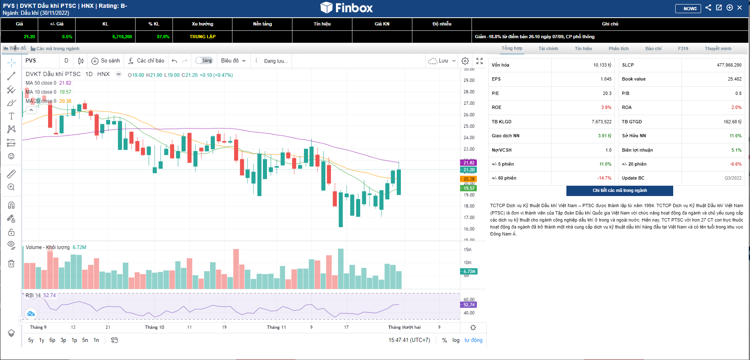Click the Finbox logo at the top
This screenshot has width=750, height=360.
click(346, 8)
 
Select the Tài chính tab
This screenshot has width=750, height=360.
click(548, 48)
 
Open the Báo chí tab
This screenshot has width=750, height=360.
click(653, 48)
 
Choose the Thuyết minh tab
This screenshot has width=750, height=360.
click(718, 48)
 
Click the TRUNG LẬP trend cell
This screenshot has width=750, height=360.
click(202, 37)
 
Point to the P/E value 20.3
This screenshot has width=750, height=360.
click(607, 93)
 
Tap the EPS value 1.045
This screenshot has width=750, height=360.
click(605, 79)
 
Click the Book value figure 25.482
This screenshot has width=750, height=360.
click(734, 79)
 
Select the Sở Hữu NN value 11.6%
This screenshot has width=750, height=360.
click(735, 136)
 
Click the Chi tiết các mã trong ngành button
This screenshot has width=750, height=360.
click(619, 191)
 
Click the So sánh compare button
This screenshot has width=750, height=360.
click(106, 61)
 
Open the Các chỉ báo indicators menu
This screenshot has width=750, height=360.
click(146, 61)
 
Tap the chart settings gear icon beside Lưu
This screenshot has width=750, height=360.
click(465, 61)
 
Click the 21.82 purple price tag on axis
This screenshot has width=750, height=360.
click(468, 163)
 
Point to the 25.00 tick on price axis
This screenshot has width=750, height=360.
click(469, 126)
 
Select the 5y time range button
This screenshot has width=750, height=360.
click(31, 340)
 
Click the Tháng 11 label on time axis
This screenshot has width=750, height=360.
click(276, 327)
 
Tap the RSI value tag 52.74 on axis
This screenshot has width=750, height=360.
click(468, 305)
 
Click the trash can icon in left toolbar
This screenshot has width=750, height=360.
click(12, 263)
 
